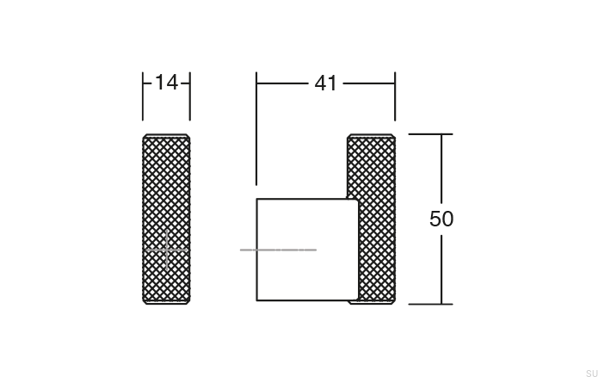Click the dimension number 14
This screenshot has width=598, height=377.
click(166, 83)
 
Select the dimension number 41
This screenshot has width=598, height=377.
click(325, 83)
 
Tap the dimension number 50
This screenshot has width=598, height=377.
click(441, 219)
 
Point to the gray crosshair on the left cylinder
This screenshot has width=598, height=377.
click(166, 250)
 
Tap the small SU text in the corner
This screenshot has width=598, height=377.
click(589, 370)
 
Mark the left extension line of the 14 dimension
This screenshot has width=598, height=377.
click(143, 96)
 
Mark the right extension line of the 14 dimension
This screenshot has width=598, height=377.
click(189, 96)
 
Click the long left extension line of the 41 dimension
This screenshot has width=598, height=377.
click(256, 129)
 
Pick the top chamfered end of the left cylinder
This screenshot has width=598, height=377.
click(166, 136)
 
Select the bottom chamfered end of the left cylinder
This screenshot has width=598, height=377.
click(166, 301)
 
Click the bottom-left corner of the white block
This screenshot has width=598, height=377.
click(257, 300)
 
